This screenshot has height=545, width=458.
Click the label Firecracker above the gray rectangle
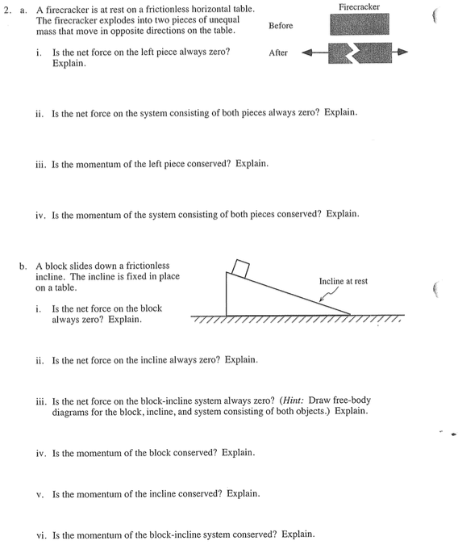coord(359,7)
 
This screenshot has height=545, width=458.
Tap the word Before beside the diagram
coord(281,25)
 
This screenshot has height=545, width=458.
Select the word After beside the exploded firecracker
coord(278,52)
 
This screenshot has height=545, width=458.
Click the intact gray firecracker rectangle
coord(360,24)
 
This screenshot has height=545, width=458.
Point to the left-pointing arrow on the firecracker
coord(315,52)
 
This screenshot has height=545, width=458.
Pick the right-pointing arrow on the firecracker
coord(400,52)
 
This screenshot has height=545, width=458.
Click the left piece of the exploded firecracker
coord(340,53)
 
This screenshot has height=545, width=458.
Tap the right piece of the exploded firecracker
coord(373,52)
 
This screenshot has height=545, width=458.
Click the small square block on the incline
coord(240,269)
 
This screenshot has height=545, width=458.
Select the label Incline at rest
coord(343,281)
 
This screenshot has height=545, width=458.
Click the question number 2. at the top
coord(7,10)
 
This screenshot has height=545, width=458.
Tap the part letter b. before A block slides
coord(23,266)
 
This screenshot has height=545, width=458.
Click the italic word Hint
coord(294,400)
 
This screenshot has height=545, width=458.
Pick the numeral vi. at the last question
coord(41,535)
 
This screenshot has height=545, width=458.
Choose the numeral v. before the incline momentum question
coord(40,495)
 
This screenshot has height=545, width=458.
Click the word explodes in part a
coord(114,20)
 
